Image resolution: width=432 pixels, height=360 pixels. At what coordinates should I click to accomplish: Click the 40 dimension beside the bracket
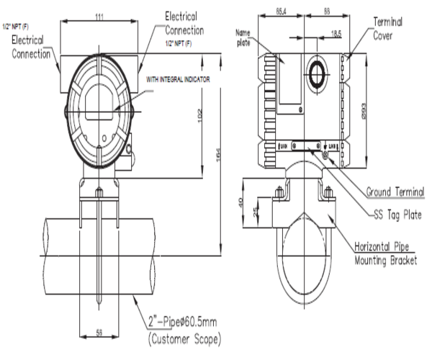click(240, 203)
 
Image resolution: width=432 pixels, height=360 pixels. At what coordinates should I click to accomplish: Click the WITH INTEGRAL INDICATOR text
click(178, 78)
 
